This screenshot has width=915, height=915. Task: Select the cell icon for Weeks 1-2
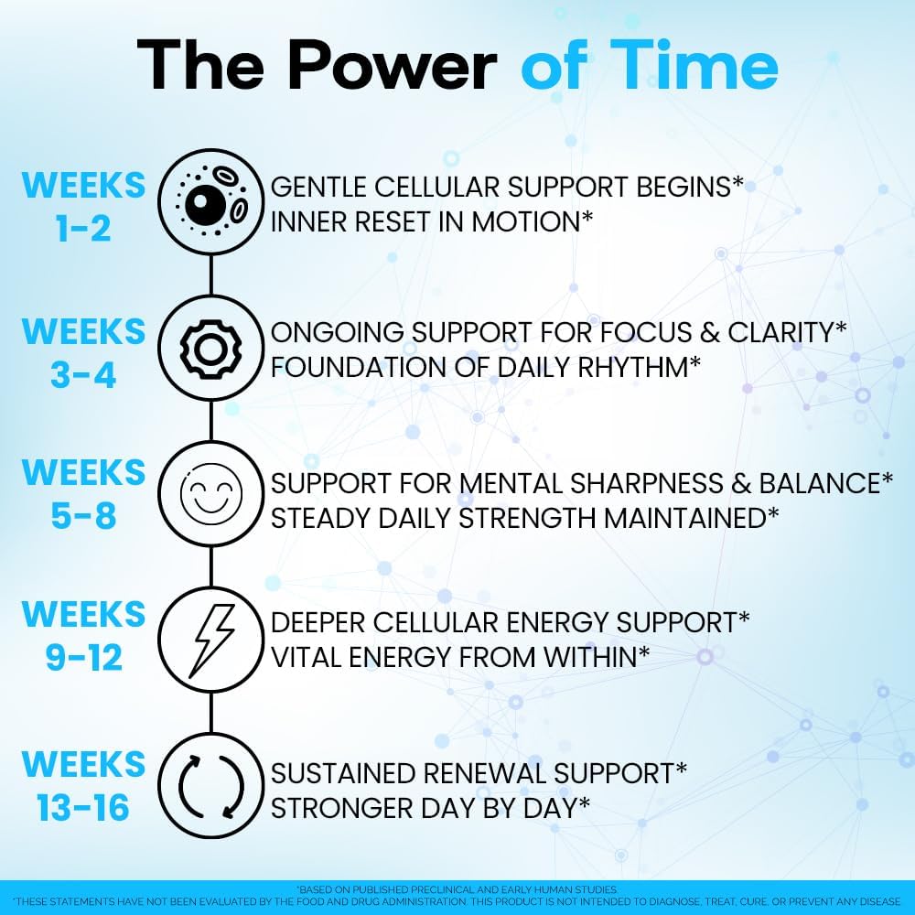coord(211,202)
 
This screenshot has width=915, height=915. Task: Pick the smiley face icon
coord(211,494)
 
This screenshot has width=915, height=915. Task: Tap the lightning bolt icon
coord(211,640)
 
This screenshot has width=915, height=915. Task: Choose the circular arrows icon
coord(211,785)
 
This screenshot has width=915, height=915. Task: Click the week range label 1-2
coord(83,228)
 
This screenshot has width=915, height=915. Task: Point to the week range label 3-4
coord(83,374)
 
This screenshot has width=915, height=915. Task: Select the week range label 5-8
coord(83,516)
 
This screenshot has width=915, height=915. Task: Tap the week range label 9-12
coord(84,658)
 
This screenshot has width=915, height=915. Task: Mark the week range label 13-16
coord(83,808)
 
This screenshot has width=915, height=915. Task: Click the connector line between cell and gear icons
coord(211,274)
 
